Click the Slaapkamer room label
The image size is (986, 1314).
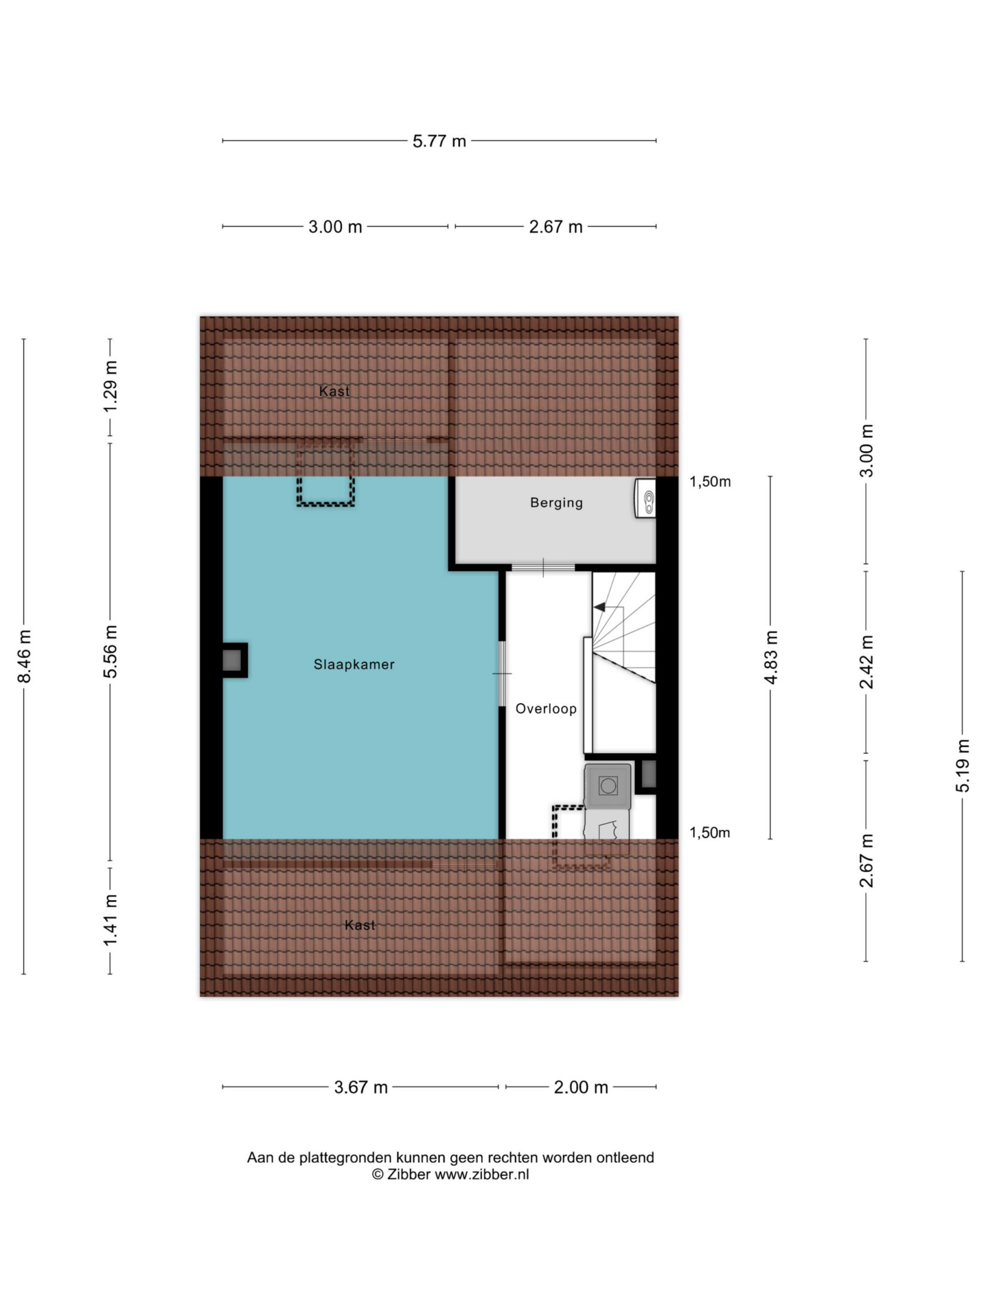354,664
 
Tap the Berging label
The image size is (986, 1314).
556,503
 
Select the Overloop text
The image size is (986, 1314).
546,709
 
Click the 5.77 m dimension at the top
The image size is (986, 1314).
439,142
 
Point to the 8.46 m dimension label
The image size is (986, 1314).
25,656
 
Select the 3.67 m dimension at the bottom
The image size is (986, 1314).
361,1088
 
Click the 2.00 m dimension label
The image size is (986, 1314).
581,1088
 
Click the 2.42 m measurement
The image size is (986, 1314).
866,662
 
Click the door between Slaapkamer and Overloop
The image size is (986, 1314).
502,674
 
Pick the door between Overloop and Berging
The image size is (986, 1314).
543,567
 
